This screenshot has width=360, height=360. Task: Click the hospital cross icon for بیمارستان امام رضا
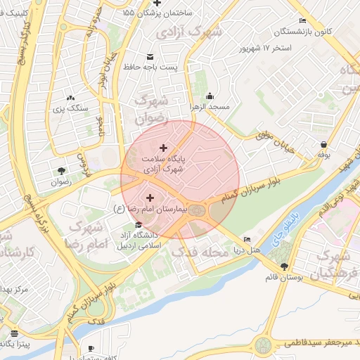coord(150,198)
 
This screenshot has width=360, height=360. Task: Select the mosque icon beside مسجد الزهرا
coord(209,96)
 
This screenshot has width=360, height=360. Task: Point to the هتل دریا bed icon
coord(246,240)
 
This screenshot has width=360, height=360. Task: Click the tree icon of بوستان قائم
coord(284,266)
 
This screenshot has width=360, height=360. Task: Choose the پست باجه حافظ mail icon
coord(149,56)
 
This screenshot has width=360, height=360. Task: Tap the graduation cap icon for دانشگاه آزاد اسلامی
coord(139,224)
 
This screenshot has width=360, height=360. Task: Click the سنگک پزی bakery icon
coord(70,98)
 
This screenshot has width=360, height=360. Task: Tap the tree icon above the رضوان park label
coord(61,170)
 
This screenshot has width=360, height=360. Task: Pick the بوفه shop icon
coord(323,144)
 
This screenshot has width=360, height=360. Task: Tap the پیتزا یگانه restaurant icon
coord(15,333)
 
